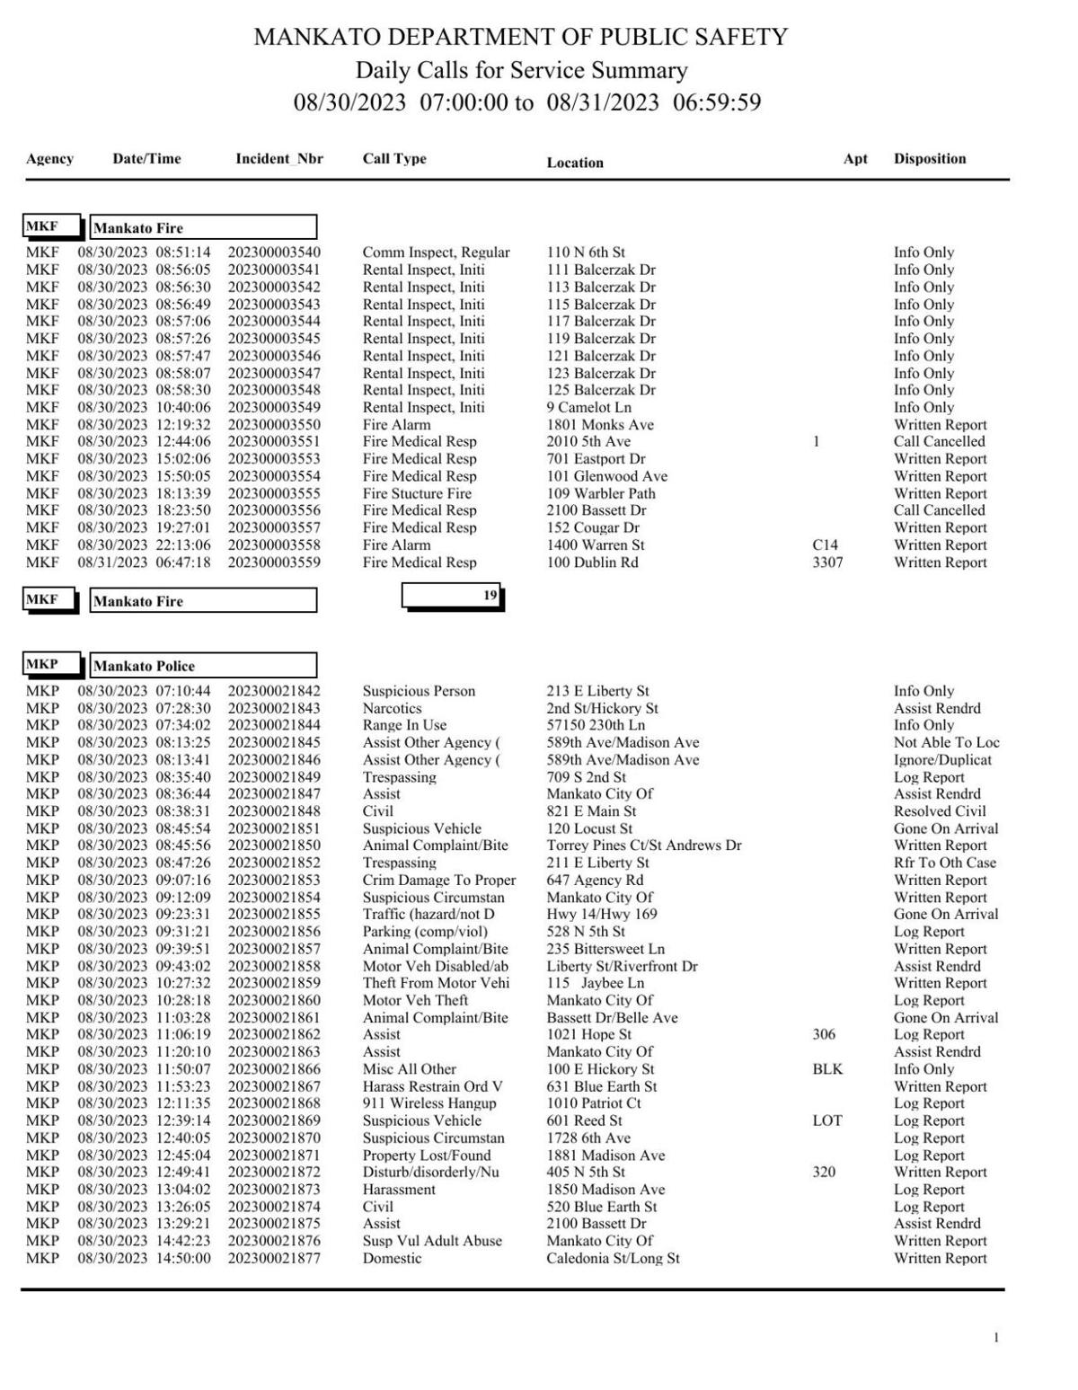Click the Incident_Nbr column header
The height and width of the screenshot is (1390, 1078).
[x=278, y=159]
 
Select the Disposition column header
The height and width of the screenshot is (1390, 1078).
[x=929, y=159]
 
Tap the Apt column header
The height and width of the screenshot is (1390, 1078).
[x=855, y=159]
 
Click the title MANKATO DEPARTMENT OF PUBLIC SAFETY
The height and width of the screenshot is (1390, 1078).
[x=521, y=37]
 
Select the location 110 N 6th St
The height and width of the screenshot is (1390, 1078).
[x=586, y=252]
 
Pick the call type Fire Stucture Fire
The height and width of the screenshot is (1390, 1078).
[x=417, y=493]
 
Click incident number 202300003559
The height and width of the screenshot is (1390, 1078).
[x=273, y=562]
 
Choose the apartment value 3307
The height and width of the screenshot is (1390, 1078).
[x=827, y=562]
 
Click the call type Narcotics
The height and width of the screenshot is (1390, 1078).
[x=392, y=708]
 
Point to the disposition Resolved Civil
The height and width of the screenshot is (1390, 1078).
[x=940, y=810]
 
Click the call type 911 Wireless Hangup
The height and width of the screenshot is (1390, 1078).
[x=429, y=1103]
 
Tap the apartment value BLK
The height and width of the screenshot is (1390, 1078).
[x=827, y=1069]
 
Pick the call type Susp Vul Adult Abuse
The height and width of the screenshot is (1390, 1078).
[x=432, y=1241]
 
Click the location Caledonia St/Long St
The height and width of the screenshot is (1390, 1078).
[x=613, y=1258]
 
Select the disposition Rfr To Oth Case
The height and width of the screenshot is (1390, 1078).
[x=944, y=863]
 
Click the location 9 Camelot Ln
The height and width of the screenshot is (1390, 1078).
[x=588, y=407]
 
